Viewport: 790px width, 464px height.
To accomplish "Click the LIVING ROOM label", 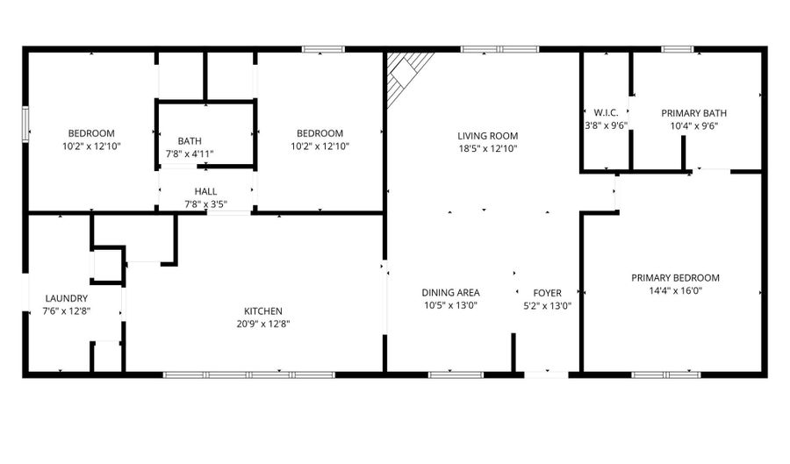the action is [487, 136].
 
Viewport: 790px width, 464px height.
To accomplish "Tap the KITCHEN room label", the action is [263, 311].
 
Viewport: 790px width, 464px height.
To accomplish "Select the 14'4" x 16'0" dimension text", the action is [675, 290].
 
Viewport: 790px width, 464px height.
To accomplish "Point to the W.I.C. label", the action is [606, 113].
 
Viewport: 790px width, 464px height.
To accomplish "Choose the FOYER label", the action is [547, 293].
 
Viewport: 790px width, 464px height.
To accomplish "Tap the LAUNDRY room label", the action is [67, 298].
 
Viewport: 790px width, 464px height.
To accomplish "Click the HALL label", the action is [205, 191].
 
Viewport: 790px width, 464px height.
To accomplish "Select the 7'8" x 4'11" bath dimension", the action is [190, 154].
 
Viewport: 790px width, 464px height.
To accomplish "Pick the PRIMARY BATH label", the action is [693, 113].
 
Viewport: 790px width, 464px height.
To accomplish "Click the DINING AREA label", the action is [450, 292].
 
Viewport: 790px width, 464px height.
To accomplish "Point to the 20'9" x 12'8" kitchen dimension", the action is [263, 324].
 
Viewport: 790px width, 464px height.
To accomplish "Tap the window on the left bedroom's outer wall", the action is [25, 124].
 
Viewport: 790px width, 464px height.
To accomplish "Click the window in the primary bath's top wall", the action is [678, 49].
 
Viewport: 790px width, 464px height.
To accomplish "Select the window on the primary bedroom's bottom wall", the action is [666, 375].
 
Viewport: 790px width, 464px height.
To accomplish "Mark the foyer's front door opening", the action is [546, 375].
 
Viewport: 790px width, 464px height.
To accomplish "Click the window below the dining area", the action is [456, 375].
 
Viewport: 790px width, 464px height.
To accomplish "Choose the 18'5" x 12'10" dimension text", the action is [487, 148].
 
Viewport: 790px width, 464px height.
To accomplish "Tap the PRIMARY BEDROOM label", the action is [675, 278].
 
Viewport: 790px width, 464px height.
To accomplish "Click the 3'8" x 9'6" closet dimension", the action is [606, 125].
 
